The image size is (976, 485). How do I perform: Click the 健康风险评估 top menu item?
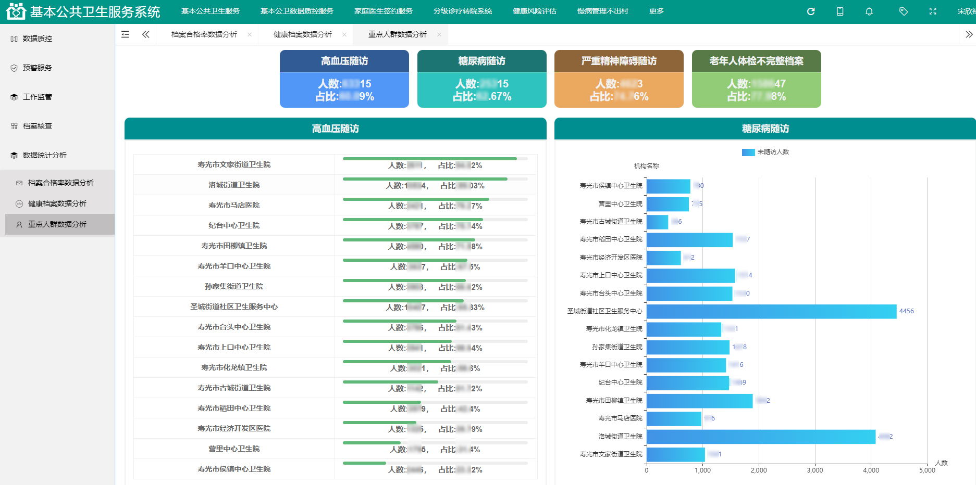(534, 11)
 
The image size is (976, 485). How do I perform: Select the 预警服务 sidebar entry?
(37, 68)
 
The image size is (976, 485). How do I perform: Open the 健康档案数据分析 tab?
(302, 34)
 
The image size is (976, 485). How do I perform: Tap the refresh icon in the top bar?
(811, 11)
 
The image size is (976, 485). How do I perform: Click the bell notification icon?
(869, 11)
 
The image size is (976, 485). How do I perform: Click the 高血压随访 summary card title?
(344, 61)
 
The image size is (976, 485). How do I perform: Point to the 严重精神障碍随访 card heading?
(619, 61)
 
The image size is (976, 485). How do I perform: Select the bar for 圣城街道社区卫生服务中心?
(771, 311)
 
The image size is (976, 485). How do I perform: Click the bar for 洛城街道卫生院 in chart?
(761, 437)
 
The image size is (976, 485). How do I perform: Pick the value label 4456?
(906, 311)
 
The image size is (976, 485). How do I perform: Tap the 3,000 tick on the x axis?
(814, 470)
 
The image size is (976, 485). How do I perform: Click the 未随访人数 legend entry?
(765, 152)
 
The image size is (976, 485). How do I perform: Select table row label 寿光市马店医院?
(234, 205)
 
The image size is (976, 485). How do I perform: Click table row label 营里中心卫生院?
(234, 449)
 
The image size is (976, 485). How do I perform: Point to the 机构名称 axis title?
(646, 166)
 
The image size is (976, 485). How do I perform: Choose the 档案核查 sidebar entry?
(37, 126)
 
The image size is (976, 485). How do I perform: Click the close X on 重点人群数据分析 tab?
(439, 34)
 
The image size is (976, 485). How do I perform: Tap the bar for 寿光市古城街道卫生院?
(657, 222)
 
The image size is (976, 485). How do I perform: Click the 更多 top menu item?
(656, 11)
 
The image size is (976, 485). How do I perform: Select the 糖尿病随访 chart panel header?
(765, 129)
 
